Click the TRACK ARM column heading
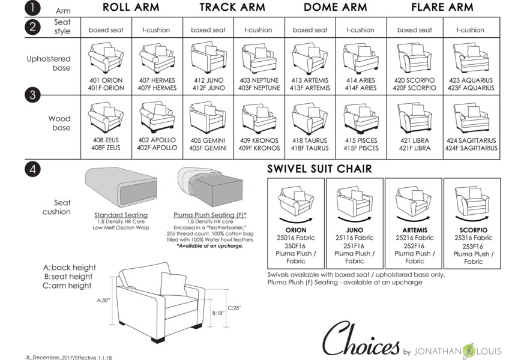point(232,7)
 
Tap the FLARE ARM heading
point(442,7)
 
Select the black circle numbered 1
point(32,8)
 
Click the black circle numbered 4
point(32,169)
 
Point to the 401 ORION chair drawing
point(106,58)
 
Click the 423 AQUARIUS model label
point(471,80)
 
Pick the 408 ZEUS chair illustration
point(106,117)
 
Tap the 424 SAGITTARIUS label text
point(471,140)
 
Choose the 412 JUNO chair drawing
point(208,57)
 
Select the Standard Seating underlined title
point(121,215)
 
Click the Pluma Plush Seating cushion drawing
point(210,187)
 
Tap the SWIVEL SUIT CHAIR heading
point(320,169)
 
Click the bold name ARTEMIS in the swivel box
point(415,230)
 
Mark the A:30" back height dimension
point(103,300)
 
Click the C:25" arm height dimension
point(234,308)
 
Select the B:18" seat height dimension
point(218,313)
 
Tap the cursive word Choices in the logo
point(361,339)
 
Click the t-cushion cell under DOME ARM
point(360,30)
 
